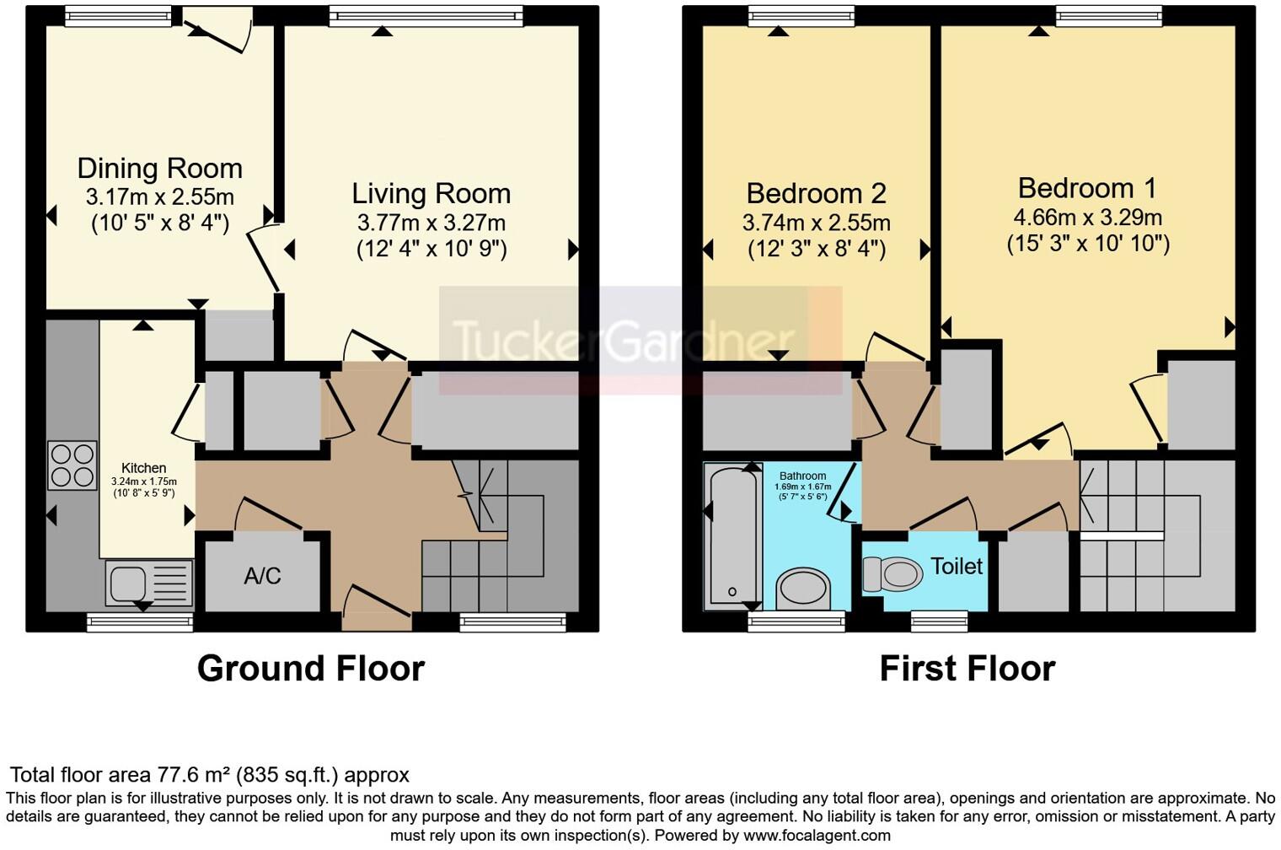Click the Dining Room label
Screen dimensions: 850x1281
(x=159, y=169)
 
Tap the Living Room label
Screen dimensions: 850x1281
(x=431, y=194)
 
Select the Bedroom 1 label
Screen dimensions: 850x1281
(x=1087, y=188)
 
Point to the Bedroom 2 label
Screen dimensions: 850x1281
(x=816, y=194)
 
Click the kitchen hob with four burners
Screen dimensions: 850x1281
(x=72, y=465)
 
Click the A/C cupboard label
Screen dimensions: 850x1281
(x=262, y=577)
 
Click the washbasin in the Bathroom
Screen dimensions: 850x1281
(x=802, y=588)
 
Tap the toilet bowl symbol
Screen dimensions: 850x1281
(x=892, y=574)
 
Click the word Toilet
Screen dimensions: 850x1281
(x=956, y=566)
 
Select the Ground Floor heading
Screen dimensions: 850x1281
(x=310, y=669)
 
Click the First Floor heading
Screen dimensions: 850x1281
(x=967, y=669)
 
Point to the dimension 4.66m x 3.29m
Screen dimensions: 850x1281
(x=1087, y=218)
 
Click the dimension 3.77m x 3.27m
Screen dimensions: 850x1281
(x=431, y=223)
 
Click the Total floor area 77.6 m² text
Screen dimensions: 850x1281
(x=209, y=775)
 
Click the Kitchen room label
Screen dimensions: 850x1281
(x=144, y=468)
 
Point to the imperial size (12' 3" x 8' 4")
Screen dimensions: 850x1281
(x=816, y=250)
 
